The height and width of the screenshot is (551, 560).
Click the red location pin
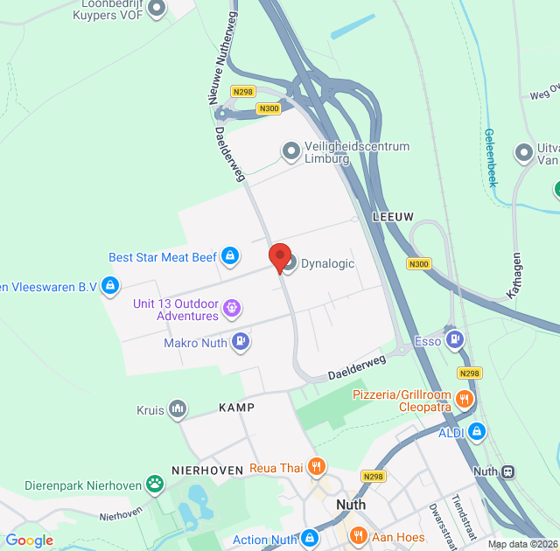280,257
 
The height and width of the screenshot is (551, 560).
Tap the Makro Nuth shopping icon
241,343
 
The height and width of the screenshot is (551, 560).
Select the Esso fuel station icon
454,338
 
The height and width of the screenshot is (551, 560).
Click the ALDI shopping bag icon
476,430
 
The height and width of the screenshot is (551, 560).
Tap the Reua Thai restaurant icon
318,468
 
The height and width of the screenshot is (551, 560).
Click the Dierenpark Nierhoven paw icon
155,483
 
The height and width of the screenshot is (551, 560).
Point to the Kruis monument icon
178,409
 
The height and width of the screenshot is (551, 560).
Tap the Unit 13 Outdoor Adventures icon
231,308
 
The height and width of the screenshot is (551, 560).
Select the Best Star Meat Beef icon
229,256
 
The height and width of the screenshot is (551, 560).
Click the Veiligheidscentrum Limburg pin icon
290,152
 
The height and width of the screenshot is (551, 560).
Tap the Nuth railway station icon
507,471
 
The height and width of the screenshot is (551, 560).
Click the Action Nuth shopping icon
309,538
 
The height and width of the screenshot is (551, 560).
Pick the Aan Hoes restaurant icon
357,536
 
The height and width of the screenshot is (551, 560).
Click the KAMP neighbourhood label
237,408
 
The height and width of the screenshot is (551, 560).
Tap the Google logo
29,541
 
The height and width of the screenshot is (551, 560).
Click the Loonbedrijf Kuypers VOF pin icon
157,9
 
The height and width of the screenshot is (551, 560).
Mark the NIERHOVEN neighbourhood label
207,470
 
